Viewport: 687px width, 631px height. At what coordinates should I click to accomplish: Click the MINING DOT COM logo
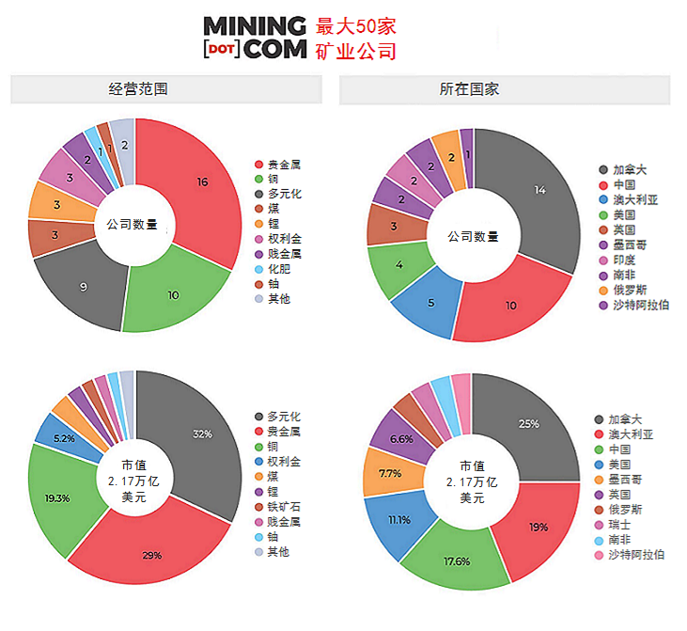pyautogui.click(x=255, y=38)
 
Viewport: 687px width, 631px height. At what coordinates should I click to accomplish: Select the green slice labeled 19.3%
pyautogui.click(x=59, y=496)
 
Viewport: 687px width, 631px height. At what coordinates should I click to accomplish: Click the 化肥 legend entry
pyautogui.click(x=279, y=269)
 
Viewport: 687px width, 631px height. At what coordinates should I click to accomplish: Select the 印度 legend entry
pyautogui.click(x=623, y=260)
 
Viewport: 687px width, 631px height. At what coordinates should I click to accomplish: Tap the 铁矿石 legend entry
pyautogui.click(x=284, y=507)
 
